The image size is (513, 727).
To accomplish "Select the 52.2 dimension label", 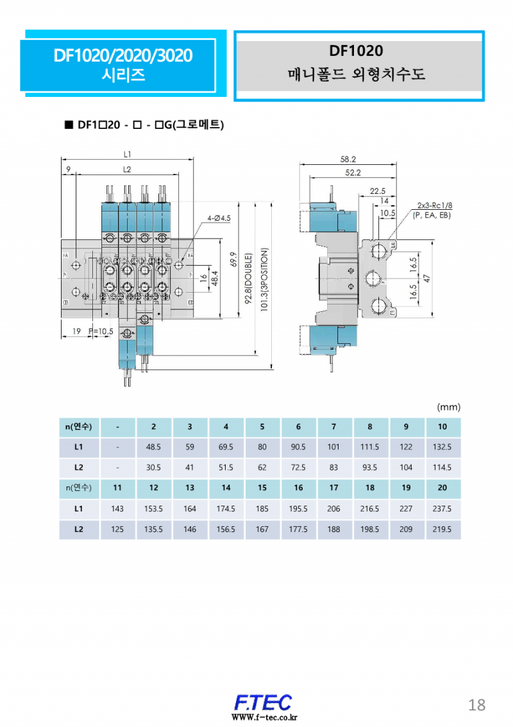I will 353,173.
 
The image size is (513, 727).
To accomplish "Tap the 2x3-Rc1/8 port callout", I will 433,205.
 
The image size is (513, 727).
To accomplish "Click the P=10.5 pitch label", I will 101,331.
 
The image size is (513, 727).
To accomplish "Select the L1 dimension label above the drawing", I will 127,154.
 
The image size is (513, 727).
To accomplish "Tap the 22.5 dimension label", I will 378,191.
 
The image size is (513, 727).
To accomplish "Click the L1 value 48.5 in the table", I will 154,447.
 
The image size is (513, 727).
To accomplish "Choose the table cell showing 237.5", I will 442,508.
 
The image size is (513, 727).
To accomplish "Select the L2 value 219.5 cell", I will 442,529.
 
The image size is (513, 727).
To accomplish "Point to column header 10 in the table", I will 442,427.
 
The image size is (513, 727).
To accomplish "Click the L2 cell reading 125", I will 117,529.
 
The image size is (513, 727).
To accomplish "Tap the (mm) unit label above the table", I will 448,407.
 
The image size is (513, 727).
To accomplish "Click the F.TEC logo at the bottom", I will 263,701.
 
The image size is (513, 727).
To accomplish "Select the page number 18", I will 476,705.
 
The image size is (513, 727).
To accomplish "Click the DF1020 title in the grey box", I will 356,51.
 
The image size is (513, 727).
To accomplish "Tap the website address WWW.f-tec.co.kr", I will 264,717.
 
